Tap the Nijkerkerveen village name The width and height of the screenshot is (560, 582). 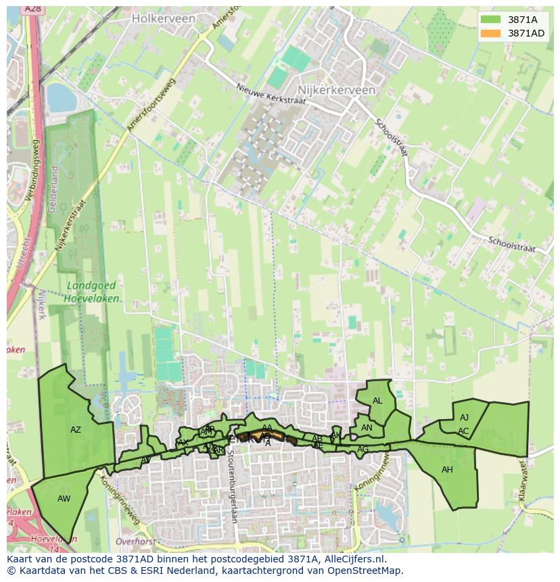click(337, 89)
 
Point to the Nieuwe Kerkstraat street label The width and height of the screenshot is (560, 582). click(271, 94)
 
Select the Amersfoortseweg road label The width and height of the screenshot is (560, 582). click(151, 104)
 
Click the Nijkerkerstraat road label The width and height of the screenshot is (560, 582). click(71, 226)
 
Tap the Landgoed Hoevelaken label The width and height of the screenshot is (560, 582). click(94, 292)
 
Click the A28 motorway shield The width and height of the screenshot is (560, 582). click(32, 9)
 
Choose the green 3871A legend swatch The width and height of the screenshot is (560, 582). click(491, 20)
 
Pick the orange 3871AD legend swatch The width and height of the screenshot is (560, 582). click(491, 33)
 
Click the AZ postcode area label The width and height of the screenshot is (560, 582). click(76, 430)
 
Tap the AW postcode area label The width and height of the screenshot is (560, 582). click(64, 499)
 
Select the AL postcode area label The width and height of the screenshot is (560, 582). click(377, 401)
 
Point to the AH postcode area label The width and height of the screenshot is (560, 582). click(447, 470)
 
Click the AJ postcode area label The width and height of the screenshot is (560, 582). click(464, 418)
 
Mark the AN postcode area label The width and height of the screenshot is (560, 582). click(367, 428)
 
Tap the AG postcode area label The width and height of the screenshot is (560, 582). click(363, 450)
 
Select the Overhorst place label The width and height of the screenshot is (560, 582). click(136, 541)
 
